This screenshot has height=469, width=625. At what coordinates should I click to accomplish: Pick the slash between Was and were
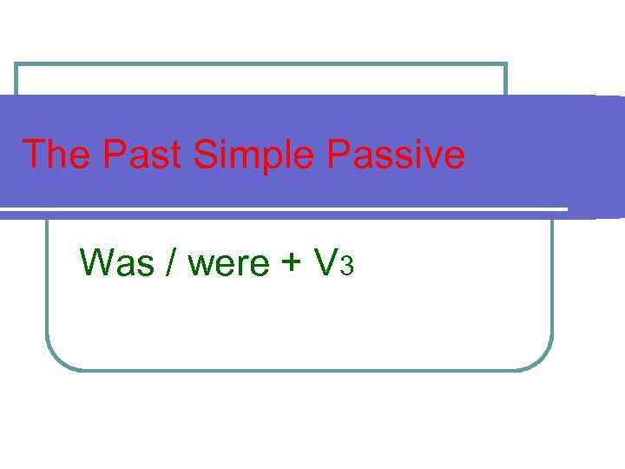[170, 262]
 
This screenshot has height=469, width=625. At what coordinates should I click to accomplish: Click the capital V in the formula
[326, 262]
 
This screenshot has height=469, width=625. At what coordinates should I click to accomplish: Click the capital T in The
[33, 155]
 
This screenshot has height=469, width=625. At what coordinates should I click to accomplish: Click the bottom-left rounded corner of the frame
[55, 361]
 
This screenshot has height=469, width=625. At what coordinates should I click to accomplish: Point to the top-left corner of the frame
[16, 64]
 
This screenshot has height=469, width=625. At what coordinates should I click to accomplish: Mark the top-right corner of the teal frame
[505, 64]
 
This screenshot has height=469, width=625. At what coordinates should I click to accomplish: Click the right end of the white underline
[566, 209]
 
